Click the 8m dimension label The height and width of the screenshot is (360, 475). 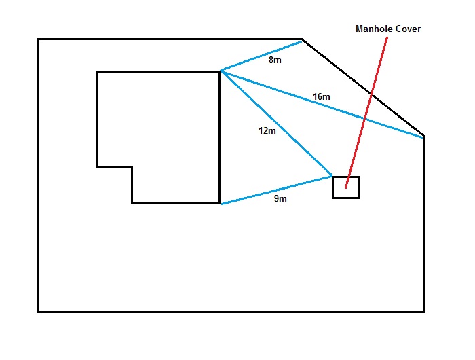coord(275,60)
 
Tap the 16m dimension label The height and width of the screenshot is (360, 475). coord(322,97)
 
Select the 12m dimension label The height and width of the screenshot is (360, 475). coord(267,130)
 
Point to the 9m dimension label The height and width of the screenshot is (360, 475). coord(280,199)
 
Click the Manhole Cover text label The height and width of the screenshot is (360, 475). coord(388,29)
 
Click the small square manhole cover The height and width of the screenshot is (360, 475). coord(345,187)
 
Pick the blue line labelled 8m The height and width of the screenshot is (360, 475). coord(261,56)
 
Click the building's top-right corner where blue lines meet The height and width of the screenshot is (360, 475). coord(220,71)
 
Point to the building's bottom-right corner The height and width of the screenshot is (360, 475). coord(220,203)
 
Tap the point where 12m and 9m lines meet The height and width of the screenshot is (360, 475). coord(332,176)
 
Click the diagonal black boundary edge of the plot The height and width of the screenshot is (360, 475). coord(363,88)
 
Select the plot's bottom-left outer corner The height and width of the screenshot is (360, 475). coord(38,312)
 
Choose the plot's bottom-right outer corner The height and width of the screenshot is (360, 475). coord(424,312)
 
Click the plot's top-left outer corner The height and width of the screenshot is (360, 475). coord(38,39)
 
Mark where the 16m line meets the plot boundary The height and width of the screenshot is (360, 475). coord(424,137)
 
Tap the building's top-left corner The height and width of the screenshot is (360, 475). coord(97,71)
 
